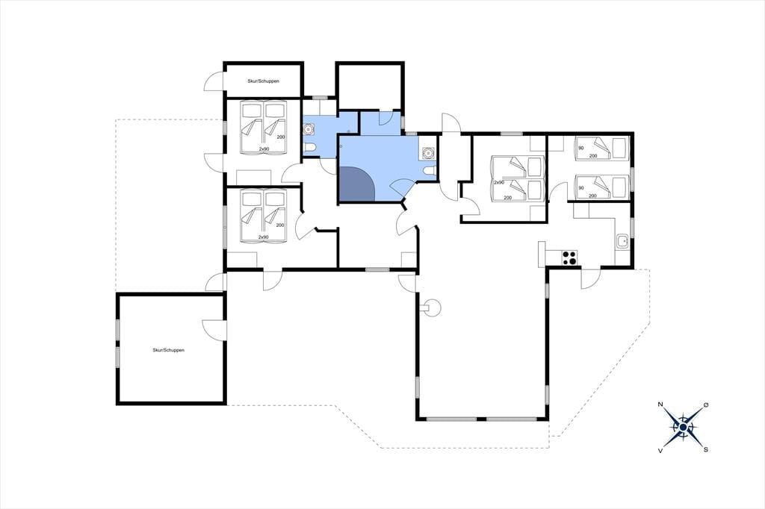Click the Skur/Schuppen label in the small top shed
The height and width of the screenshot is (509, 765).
tap(264, 81)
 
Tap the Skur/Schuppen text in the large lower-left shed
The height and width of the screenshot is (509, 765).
tap(168, 350)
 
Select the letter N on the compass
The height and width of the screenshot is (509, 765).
tap(660, 405)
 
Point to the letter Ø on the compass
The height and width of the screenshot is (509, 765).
tap(705, 405)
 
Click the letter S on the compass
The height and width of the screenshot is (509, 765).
tap(705, 450)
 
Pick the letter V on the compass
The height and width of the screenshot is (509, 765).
tap(660, 451)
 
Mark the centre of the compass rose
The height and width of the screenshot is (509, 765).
tap(683, 428)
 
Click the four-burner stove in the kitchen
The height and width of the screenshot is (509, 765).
tap(569, 257)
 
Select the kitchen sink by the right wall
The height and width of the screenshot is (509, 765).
tap(622, 241)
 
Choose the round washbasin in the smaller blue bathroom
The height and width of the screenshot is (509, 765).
tap(309, 130)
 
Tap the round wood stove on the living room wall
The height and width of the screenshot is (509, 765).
tap(433, 307)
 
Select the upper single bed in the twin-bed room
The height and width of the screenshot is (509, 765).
tap(601, 148)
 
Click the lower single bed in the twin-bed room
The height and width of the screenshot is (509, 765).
tap(601, 188)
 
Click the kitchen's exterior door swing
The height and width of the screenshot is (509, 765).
tap(591, 279)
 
